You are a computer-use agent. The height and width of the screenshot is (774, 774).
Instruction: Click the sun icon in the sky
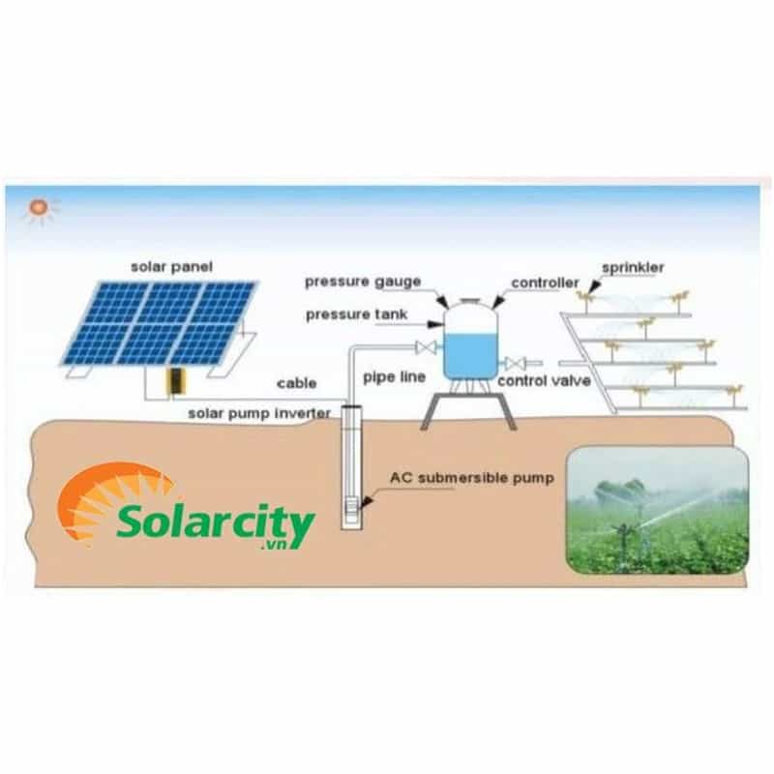pyautogui.click(x=40, y=209)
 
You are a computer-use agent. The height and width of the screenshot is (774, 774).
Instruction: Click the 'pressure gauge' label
pyautogui.click(x=363, y=282)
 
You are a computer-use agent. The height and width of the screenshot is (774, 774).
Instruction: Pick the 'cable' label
pyautogui.click(x=296, y=383)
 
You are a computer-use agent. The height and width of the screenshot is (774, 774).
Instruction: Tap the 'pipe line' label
pyautogui.click(x=394, y=376)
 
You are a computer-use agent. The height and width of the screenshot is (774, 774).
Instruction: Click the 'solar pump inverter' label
pyautogui.click(x=259, y=414)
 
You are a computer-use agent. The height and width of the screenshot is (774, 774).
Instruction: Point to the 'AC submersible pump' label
pyautogui.click(x=471, y=477)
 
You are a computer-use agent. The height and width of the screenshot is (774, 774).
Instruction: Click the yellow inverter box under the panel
pyautogui.click(x=174, y=381)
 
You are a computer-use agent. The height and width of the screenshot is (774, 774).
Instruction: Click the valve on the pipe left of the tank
pyautogui.click(x=423, y=347)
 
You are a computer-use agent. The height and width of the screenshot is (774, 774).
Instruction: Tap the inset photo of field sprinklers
pyautogui.click(x=657, y=509)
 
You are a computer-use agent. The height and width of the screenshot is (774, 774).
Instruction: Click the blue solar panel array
pyautogui.click(x=161, y=323)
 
